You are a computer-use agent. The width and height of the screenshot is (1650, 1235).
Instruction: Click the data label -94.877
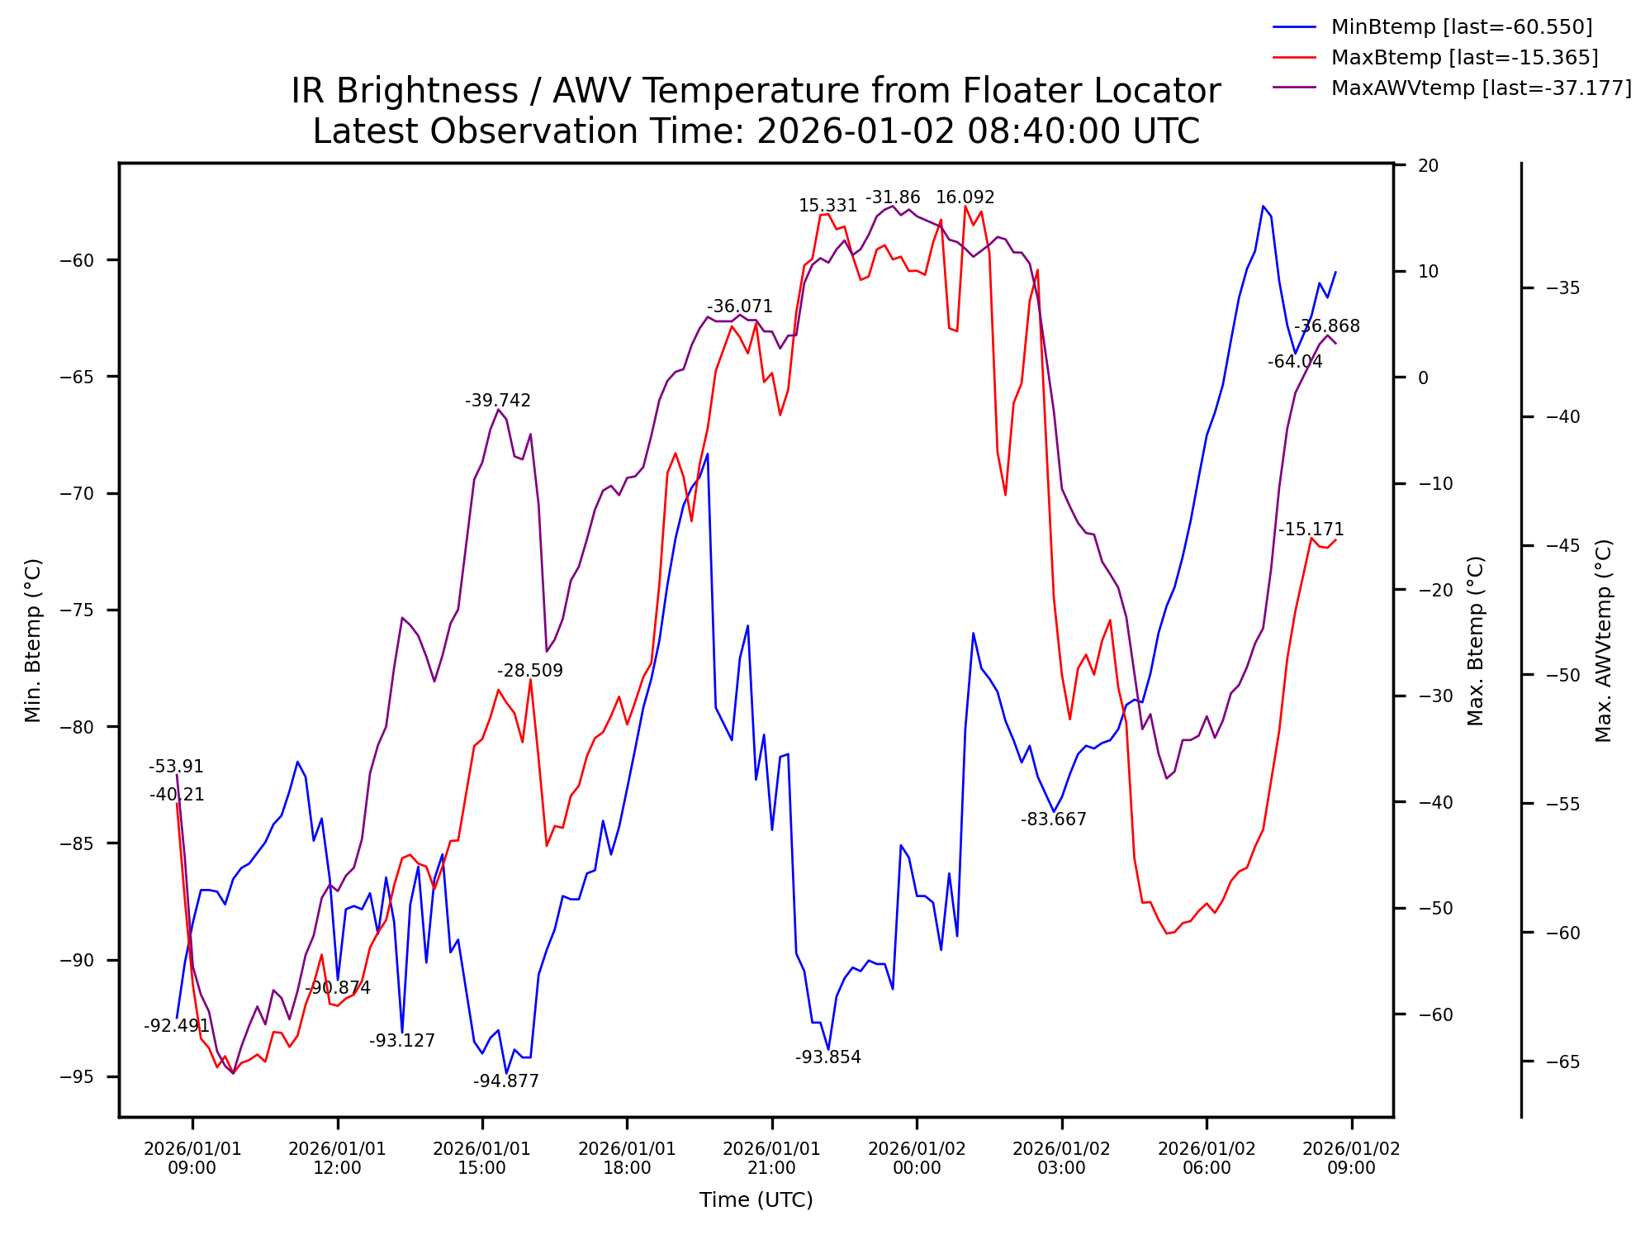505,1081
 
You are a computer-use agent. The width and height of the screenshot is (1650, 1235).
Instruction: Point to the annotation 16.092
965,198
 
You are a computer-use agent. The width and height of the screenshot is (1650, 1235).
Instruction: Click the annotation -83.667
1053,819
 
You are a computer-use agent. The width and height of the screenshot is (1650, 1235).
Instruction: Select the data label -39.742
497,401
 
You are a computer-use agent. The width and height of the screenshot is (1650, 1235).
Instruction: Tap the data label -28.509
529,672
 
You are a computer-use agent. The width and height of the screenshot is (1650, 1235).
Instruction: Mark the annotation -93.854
827,1057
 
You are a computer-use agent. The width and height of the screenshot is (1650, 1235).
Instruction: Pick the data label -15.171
1311,530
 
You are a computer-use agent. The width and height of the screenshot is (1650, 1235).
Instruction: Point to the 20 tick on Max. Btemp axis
1428,165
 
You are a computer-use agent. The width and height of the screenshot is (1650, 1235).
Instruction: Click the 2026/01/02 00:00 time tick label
917,1158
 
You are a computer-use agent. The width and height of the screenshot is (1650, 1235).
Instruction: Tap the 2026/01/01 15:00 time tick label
482,1158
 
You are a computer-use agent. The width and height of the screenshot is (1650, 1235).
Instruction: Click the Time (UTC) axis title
756,1200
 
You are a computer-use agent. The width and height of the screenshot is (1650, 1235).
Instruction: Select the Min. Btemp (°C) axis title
33,640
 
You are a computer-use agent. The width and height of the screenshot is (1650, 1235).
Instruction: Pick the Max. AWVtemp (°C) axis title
1603,640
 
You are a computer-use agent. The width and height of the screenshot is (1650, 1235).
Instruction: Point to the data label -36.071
739,307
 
